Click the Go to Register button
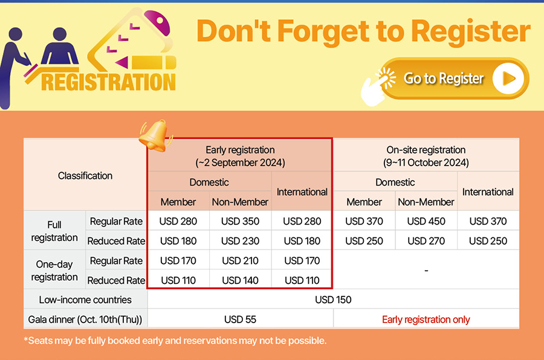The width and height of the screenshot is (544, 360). [454, 79]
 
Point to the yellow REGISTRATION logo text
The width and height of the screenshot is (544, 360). [108, 82]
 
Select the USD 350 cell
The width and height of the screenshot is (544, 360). [240, 221]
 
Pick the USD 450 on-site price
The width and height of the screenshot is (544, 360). [426, 221]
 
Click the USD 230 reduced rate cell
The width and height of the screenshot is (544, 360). [240, 241]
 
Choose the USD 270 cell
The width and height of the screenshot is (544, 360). [426, 241]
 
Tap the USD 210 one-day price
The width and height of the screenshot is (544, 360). [240, 261]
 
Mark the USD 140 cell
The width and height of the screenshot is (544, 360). [240, 280]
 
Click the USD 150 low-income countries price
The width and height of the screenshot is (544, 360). [333, 300]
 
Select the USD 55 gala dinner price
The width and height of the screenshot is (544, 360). [240, 320]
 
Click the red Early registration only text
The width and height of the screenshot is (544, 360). [426, 320]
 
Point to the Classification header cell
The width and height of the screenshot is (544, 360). [85, 176]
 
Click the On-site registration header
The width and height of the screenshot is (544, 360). [426, 156]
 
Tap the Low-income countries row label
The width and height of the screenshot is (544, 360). [85, 300]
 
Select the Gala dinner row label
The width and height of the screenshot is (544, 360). [85, 320]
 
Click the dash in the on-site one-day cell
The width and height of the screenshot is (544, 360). [426, 271]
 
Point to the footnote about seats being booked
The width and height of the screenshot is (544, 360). [175, 341]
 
